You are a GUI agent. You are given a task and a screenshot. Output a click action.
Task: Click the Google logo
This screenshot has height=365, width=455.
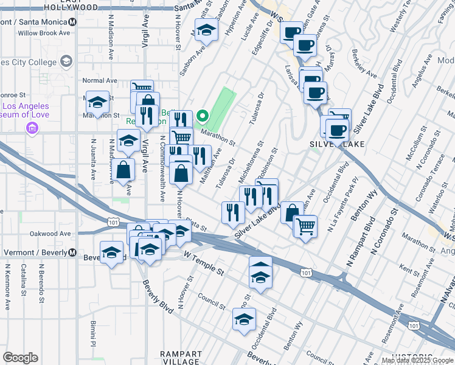20,358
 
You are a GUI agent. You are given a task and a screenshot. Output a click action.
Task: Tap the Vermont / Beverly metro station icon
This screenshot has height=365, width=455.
72,252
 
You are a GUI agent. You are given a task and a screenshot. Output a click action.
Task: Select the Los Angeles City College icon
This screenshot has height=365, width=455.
66,61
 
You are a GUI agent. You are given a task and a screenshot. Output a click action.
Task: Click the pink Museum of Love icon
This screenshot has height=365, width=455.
31,128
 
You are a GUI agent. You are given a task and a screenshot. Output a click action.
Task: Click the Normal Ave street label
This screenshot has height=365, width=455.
99,80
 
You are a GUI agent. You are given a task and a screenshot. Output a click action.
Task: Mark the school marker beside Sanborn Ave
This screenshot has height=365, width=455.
207,30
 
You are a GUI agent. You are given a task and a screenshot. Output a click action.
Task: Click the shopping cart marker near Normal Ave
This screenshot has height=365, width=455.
141,88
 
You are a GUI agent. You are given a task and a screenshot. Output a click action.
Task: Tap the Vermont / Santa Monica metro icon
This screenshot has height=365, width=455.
72,21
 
